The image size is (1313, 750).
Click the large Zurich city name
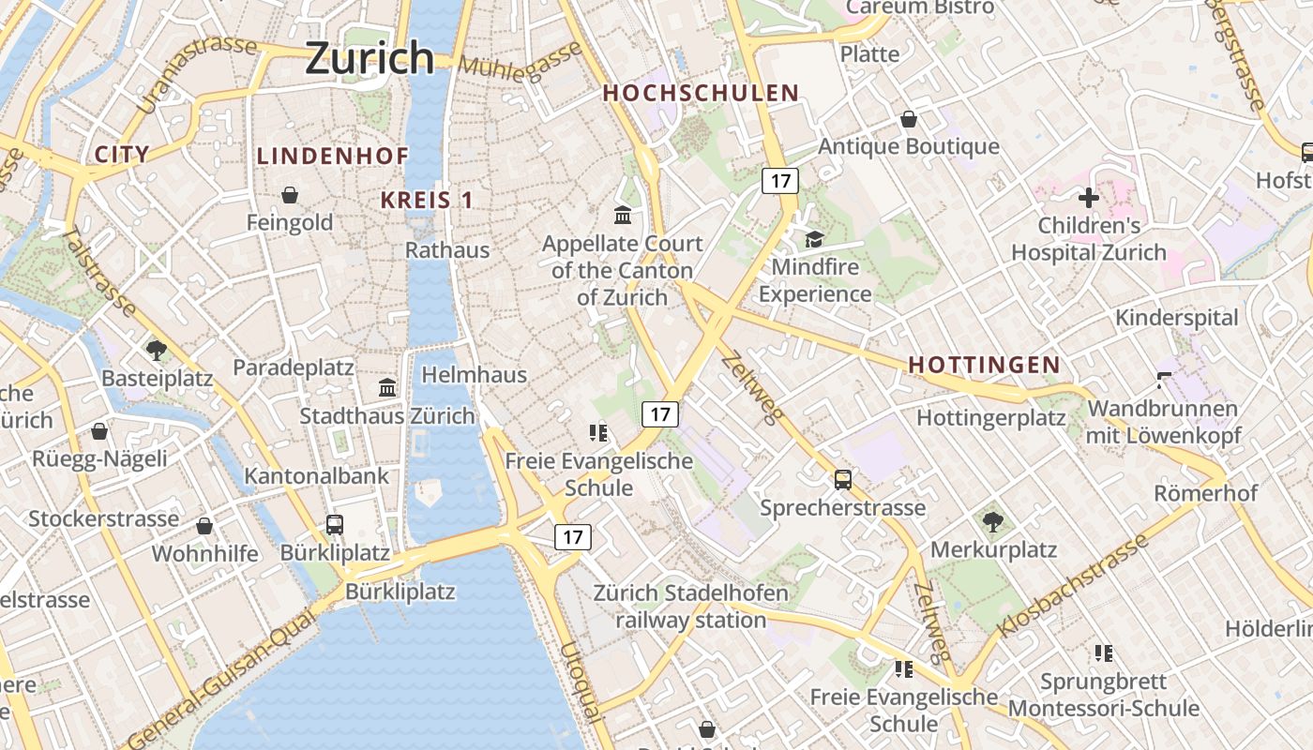[370, 58]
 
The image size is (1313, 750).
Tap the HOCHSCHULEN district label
[701, 94]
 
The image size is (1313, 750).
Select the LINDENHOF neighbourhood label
[332, 157]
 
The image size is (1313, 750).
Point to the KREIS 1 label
[427, 200]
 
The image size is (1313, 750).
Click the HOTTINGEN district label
[985, 366]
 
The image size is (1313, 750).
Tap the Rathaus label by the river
[447, 250]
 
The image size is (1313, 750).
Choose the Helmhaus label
[475, 375]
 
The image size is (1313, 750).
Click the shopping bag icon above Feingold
[290, 195]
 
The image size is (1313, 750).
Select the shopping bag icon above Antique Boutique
[908, 119]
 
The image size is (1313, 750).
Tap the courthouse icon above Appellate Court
[623, 216]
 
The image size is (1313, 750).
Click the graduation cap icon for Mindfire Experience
[814, 239]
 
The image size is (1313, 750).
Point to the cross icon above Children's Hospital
[1088, 198]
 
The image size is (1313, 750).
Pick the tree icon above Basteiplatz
[157, 351]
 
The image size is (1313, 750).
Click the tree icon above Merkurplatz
[993, 521]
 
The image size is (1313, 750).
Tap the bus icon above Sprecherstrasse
[843, 480]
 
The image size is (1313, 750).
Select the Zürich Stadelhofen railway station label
[691, 607]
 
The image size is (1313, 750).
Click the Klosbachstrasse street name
[1073, 586]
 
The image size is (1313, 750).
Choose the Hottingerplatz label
[991, 418]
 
